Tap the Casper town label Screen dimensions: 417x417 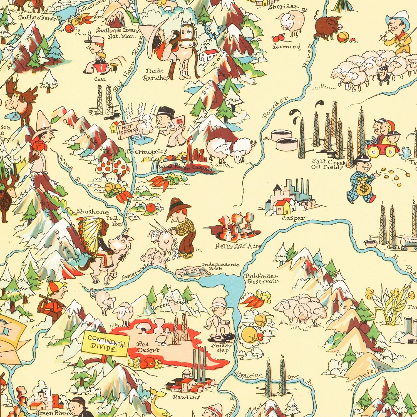tap(293, 218)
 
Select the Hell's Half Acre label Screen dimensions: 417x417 tap(238, 246)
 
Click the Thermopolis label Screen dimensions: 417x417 tap(146, 152)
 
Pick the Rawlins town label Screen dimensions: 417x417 tap(186, 397)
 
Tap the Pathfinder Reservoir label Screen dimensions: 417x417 tap(261, 279)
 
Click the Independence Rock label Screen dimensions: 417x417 tap(220, 266)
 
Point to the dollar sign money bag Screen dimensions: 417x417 tap(363, 190)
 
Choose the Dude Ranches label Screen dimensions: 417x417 tap(156, 75)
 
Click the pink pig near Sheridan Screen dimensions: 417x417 tap(292, 22)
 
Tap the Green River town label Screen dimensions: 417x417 tap(52, 413)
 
